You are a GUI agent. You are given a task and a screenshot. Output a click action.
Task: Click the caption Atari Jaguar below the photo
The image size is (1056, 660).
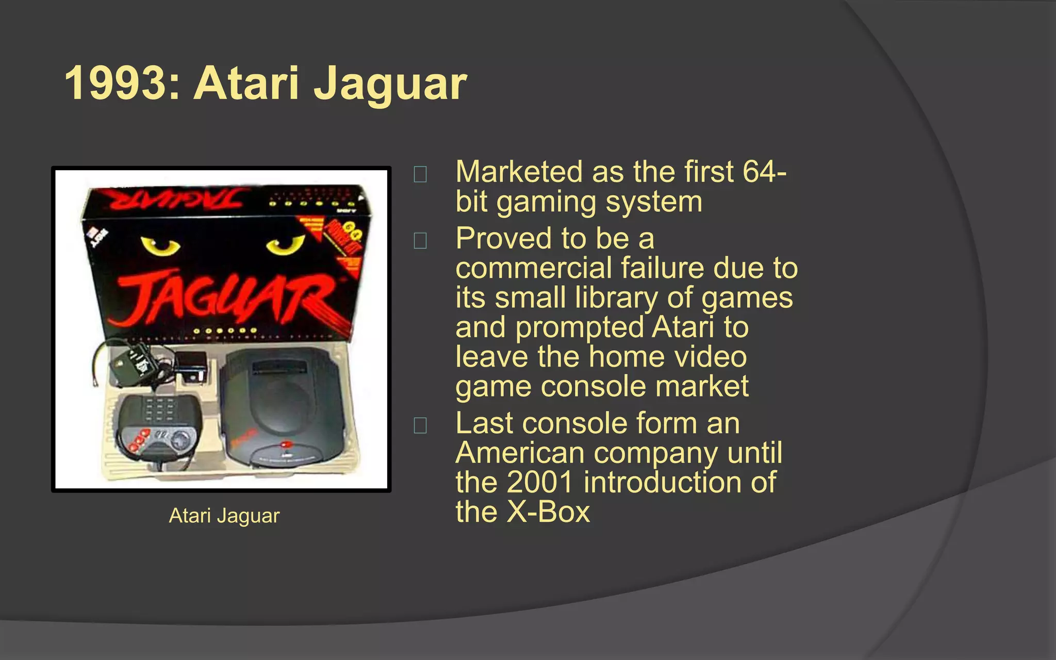224,516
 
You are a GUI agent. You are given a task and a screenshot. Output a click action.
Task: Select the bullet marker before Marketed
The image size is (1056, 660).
420,174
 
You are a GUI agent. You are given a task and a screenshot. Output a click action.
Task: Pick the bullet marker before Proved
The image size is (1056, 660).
420,241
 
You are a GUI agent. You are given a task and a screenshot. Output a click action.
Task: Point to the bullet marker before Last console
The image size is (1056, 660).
420,425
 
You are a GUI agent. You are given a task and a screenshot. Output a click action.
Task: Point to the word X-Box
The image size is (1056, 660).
549,512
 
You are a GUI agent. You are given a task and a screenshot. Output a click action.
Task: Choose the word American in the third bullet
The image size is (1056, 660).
520,453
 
